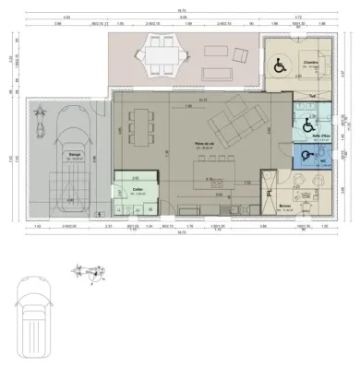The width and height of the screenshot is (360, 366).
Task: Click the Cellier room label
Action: click(x=138, y=189)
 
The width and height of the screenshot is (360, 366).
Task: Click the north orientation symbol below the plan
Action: click(x=89, y=272)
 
